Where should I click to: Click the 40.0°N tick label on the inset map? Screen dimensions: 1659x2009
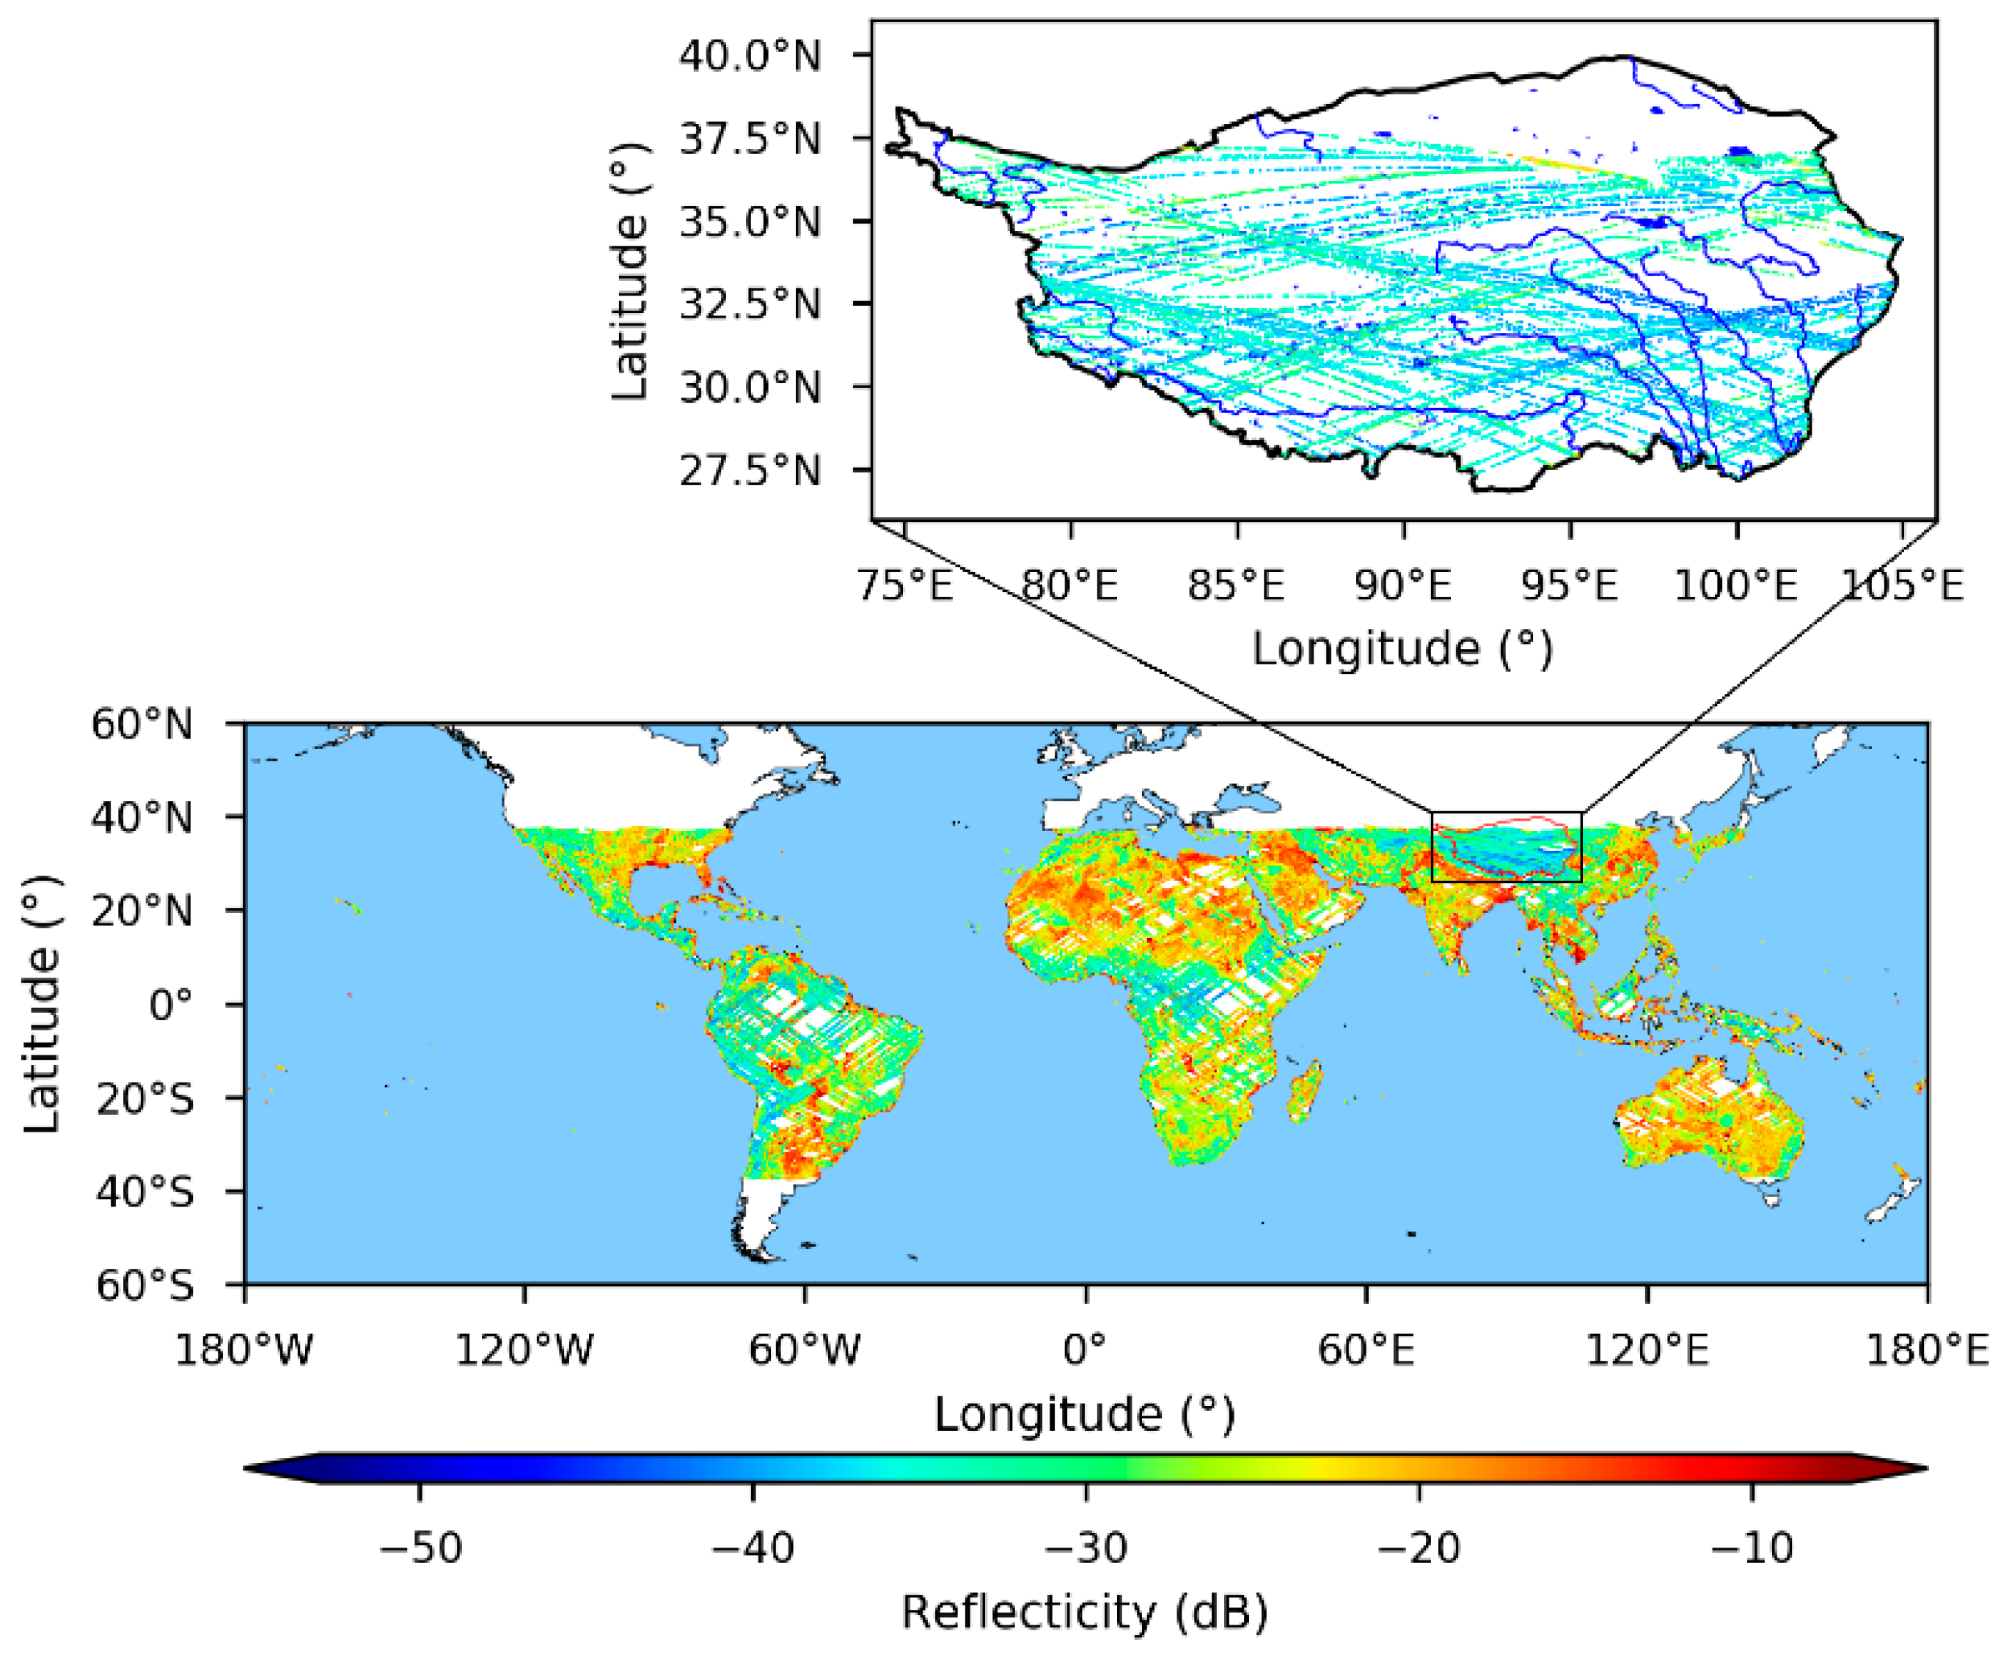[x=750, y=56]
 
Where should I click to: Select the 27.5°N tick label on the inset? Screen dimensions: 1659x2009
[x=750, y=471]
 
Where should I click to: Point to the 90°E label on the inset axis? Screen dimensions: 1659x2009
[x=1403, y=584]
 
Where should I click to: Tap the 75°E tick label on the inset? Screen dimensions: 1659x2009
[x=905, y=584]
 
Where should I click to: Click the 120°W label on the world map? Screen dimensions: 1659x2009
[x=524, y=1350]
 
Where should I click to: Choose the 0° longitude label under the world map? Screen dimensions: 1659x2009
[x=1085, y=1350]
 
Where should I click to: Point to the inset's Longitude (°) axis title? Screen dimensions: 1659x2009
[x=1403, y=649]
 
